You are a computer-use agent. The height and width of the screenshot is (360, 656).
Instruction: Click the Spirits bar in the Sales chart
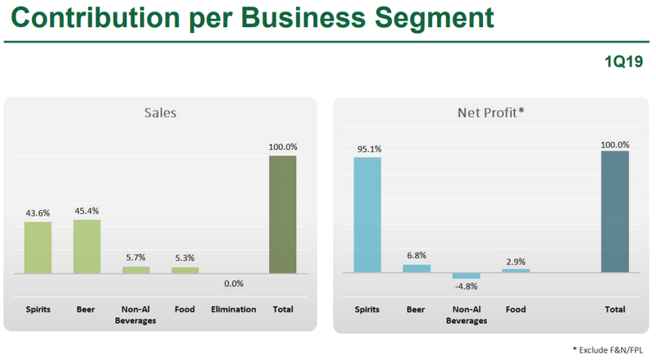(38, 247)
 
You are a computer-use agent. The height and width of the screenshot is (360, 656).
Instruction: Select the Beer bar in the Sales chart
(87, 246)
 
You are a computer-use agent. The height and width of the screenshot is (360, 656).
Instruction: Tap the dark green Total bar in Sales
(282, 214)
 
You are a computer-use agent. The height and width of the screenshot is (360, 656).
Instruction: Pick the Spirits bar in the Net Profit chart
(367, 214)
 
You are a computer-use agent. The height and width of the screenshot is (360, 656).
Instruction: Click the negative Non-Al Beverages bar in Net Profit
(466, 276)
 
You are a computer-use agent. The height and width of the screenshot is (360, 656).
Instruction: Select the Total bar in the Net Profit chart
(615, 212)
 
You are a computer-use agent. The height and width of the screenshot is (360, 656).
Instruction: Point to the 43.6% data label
(39, 213)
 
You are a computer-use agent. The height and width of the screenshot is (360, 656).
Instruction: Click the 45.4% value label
(87, 211)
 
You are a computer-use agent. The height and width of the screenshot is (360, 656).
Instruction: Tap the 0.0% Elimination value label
(234, 283)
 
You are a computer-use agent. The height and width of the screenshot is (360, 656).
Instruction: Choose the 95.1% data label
(368, 148)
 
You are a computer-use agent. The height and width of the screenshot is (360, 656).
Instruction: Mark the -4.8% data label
(466, 286)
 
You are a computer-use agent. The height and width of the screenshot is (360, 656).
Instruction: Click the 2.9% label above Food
(516, 260)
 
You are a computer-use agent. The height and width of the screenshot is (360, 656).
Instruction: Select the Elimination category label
(234, 310)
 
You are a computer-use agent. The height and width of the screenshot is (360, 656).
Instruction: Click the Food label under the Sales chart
(184, 310)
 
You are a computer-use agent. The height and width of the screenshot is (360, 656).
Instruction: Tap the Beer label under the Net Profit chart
(417, 310)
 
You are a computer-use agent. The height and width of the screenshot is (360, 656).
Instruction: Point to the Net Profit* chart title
(490, 113)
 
